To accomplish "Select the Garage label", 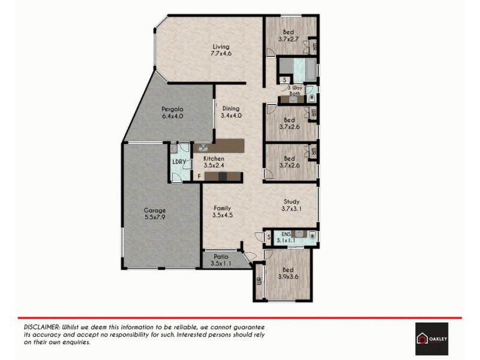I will point(155,211).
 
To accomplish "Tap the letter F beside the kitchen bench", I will point(199,176).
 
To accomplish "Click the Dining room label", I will point(230,109).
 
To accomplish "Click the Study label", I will point(290,202).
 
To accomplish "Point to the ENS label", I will point(286,234).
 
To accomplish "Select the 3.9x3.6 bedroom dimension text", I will point(289,277).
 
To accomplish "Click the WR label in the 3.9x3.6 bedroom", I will point(259,281).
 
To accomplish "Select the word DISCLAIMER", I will point(43,325).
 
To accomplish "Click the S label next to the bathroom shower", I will point(284,79).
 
